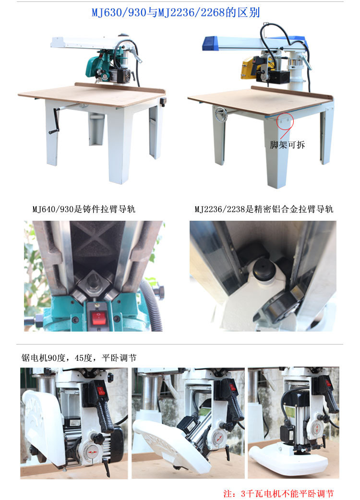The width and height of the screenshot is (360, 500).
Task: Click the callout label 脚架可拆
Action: click(287, 145)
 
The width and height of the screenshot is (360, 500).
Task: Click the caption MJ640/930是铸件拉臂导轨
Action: click(84, 209)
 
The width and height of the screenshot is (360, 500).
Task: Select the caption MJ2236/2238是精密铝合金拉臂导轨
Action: click(264, 209)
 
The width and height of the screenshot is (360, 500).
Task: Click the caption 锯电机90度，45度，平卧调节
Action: click(79, 358)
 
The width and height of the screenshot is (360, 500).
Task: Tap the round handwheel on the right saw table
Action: click(220, 114)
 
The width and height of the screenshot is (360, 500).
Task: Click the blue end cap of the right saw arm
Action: click(210, 43)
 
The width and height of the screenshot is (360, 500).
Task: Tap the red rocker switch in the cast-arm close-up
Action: click(99, 317)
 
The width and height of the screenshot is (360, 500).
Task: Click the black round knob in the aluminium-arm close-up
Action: click(264, 269)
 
